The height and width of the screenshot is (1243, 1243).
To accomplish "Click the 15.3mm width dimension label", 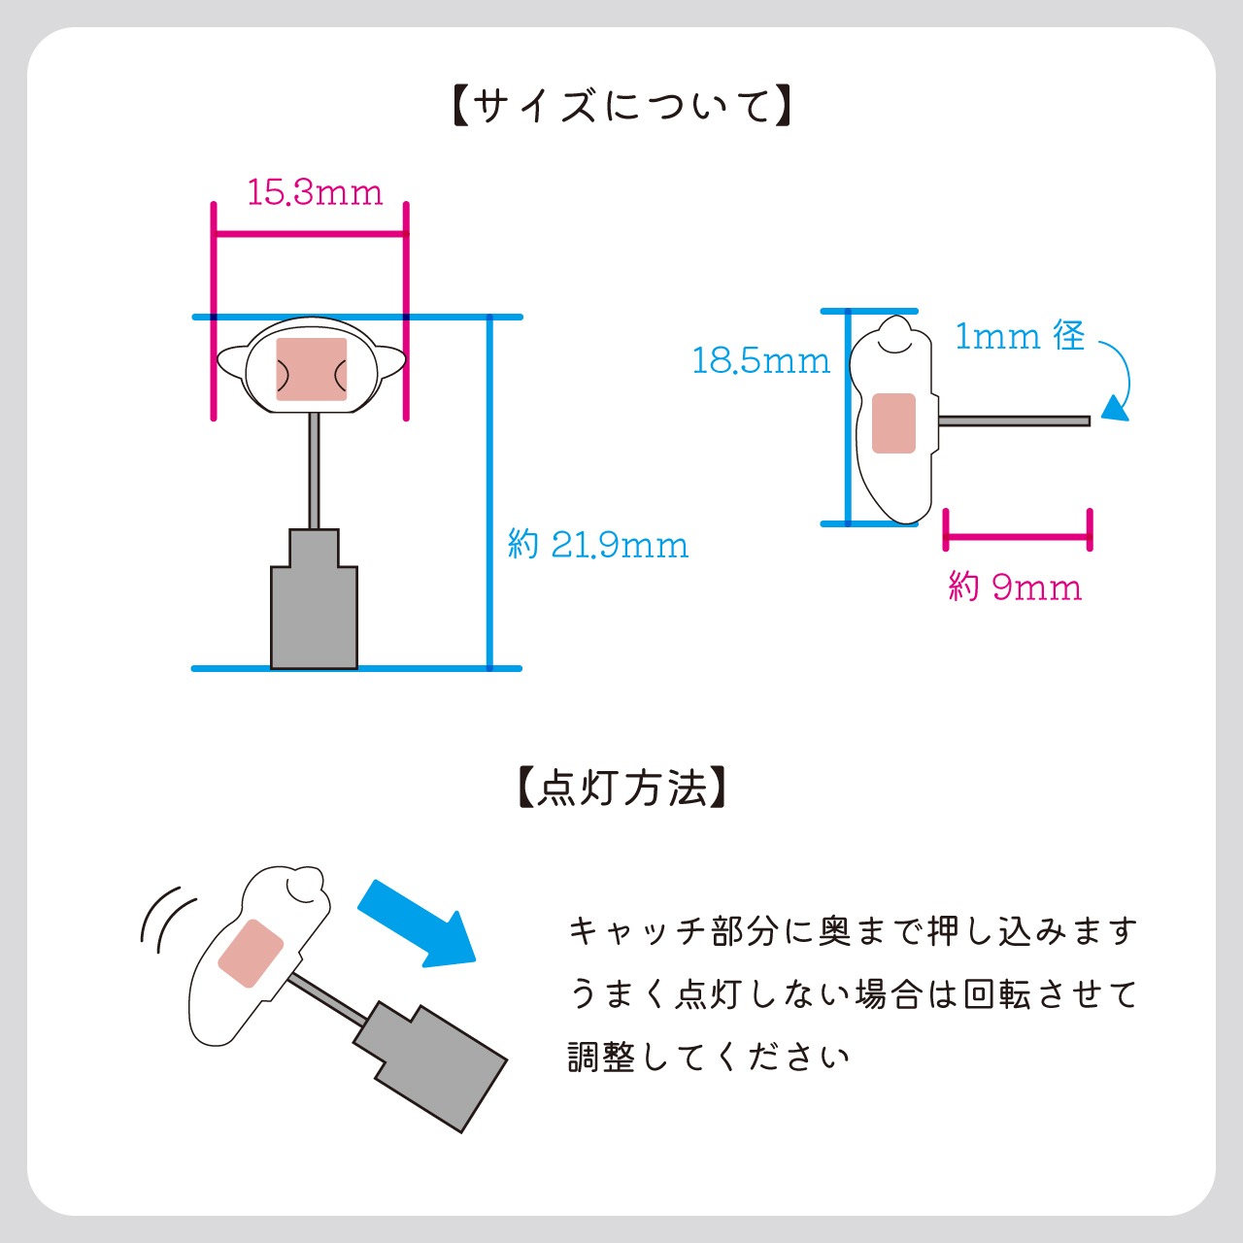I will (x=315, y=191).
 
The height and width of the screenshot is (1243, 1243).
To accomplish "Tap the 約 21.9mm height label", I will (x=598, y=545).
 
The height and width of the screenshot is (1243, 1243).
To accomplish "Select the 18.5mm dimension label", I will (x=760, y=361).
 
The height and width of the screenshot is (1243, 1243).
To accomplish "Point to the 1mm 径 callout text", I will (x=1020, y=336).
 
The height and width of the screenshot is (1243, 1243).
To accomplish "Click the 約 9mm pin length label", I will (x=1015, y=587).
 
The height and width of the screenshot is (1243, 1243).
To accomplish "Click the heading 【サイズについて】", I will (x=621, y=106).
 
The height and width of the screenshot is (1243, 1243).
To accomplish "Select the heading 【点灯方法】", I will (x=621, y=788).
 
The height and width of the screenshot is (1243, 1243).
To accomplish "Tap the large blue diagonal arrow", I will (x=418, y=923).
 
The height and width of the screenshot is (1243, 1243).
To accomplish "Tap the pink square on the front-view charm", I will (x=312, y=369).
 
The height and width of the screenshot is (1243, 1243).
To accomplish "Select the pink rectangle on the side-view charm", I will (x=893, y=423).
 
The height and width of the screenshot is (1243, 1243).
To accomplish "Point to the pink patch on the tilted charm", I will (x=251, y=953).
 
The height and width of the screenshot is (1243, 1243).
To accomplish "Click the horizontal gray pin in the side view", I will (x=1015, y=420).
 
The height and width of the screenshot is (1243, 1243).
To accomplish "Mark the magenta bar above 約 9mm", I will (x=1017, y=536).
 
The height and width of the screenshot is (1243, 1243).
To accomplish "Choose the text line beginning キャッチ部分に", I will (x=853, y=931).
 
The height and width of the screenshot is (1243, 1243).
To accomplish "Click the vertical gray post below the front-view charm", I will (x=314, y=471).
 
